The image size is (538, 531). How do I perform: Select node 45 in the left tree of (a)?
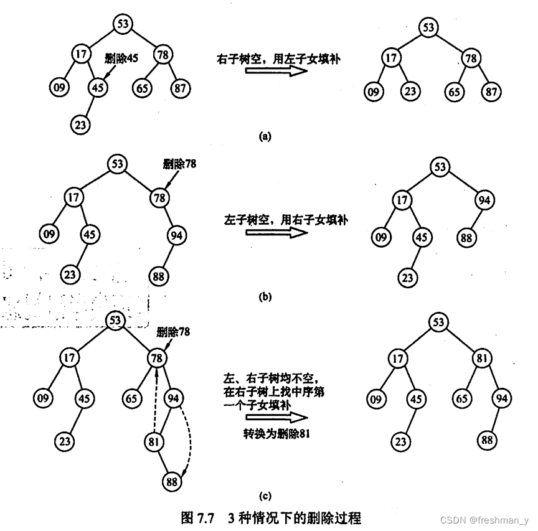click(98, 88)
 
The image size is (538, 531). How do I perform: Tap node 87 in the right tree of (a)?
click(491, 92)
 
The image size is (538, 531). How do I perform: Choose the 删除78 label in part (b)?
click(179, 165)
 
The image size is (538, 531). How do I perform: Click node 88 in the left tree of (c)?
click(172, 481)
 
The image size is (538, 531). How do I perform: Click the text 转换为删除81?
click(276, 434)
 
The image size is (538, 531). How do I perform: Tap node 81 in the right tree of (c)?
click(481, 359)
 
